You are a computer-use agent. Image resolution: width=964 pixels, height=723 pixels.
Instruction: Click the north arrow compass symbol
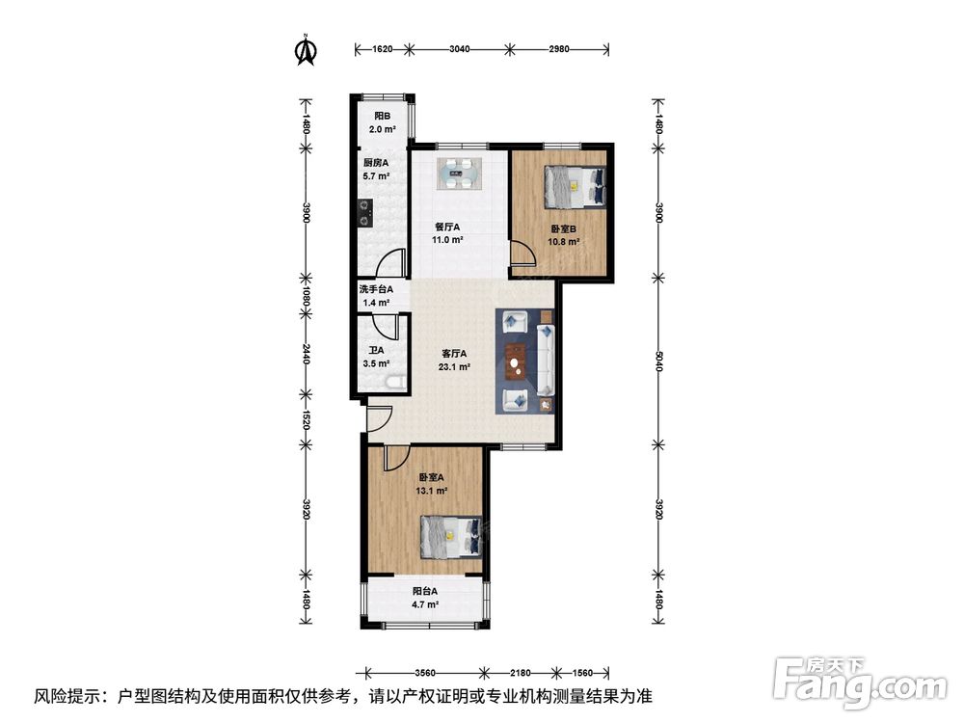click(x=306, y=50)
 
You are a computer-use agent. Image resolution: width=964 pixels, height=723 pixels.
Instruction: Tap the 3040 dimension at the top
click(x=460, y=49)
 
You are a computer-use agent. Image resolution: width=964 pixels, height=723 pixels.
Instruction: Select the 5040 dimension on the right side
click(x=658, y=361)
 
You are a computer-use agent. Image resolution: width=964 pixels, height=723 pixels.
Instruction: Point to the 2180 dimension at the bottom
click(x=521, y=673)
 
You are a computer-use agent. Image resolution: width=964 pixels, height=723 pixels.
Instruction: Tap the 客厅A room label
click(x=454, y=354)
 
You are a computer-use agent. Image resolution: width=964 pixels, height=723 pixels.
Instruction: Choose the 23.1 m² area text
click(x=454, y=367)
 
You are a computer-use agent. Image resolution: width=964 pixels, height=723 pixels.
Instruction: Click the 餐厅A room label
click(x=447, y=227)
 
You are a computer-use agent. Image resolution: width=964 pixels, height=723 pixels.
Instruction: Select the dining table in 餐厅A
click(x=460, y=174)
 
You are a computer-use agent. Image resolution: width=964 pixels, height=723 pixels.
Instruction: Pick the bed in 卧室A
click(x=450, y=536)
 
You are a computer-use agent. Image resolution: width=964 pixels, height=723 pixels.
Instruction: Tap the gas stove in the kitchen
click(x=365, y=212)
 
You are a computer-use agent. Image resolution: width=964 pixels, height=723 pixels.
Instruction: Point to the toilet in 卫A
click(x=393, y=382)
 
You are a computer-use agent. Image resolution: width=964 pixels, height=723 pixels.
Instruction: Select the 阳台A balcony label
click(x=425, y=591)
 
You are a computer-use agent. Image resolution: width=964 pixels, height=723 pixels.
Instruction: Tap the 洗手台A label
click(x=376, y=289)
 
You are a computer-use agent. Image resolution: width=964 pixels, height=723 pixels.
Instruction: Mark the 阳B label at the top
click(x=383, y=116)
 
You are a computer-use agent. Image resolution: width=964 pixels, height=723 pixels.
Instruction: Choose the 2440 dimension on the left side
click(x=306, y=354)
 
